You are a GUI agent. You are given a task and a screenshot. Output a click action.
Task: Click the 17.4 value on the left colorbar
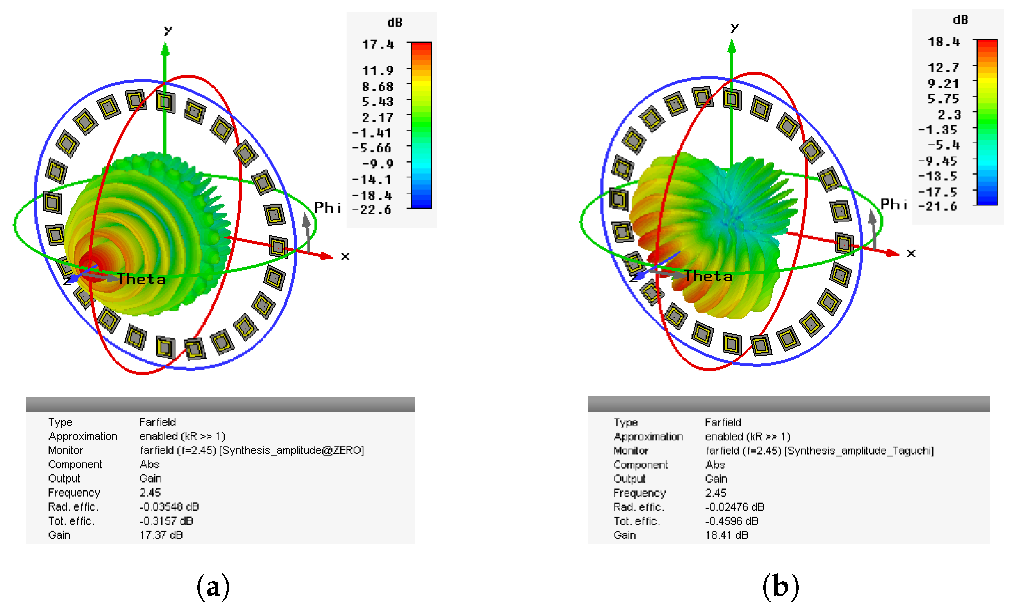pos(377,44)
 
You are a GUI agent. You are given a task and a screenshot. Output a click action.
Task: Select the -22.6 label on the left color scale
pos(371,209)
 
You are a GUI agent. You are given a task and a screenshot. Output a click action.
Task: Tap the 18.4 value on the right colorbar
pos(943,41)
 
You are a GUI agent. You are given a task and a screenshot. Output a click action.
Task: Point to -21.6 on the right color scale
pos(937,206)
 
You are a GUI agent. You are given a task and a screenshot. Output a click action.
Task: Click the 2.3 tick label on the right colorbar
pos(949,115)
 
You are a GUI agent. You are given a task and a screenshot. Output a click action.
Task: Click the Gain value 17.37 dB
pos(161,535)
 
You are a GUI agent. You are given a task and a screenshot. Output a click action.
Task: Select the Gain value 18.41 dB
pos(726,535)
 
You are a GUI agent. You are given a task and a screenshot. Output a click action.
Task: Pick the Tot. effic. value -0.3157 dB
pos(166,521)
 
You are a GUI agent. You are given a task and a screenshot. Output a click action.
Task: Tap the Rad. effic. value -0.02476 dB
pos(735,507)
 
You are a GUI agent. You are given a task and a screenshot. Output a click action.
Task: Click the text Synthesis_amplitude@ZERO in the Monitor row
pos(291,451)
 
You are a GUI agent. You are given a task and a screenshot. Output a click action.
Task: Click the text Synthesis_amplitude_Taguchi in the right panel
pos(859,451)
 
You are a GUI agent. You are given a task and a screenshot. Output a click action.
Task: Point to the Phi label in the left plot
pos(327,208)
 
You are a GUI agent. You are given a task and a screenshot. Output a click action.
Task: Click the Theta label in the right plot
pos(708,276)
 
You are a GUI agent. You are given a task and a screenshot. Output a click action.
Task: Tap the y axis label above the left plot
pos(168,30)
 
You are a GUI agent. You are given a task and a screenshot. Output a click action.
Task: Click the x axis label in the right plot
pos(911,253)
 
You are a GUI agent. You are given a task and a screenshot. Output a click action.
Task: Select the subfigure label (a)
pos(213,587)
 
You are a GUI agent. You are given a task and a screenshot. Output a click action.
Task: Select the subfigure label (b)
pos(781,587)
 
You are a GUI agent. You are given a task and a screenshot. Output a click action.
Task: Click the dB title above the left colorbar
pos(394,23)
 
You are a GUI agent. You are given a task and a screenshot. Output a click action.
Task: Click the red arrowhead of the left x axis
pos(327,256)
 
